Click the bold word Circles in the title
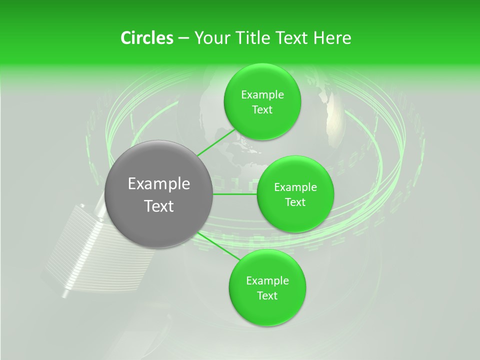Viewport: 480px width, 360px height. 146,38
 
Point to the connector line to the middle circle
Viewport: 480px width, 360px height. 234,194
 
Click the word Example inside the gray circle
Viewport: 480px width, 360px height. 159,184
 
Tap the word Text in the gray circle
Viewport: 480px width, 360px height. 159,206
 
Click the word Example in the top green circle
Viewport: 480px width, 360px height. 262,95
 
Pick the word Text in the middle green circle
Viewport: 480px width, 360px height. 295,202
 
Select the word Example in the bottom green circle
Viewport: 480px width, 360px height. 267,281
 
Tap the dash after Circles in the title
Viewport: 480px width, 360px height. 183,38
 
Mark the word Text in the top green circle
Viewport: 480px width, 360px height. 262,110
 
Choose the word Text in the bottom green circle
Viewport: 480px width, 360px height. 267,295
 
